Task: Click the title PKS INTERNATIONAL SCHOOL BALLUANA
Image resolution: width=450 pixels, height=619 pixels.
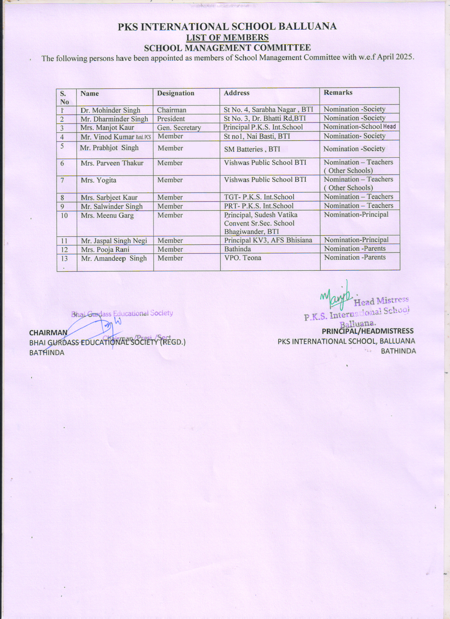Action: coord(227,27)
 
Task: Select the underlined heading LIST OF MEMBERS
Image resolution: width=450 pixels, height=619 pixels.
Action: coord(227,37)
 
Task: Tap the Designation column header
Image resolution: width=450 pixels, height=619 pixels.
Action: coord(176,93)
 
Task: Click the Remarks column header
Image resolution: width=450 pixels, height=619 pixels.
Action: coord(338,92)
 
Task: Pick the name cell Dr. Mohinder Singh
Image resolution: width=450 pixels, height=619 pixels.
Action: coord(110,110)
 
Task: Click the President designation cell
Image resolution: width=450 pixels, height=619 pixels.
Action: coord(171,119)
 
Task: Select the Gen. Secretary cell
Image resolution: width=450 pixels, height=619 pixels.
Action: coord(179,128)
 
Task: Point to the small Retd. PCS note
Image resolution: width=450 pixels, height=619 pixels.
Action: coord(143,137)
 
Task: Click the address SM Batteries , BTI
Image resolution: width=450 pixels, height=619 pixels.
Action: coord(252,149)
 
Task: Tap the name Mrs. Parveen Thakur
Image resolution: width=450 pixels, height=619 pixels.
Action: coord(112,163)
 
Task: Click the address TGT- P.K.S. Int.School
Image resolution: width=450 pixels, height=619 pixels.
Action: coord(259,197)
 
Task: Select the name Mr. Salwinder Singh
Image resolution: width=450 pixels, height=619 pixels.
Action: coord(112,206)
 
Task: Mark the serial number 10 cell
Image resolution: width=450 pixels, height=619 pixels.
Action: coord(64,215)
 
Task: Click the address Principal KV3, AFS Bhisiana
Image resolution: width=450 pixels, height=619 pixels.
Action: coord(268,240)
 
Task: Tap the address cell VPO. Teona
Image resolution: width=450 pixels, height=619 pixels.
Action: coord(243,258)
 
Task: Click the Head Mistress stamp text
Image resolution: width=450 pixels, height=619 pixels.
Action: coord(381,301)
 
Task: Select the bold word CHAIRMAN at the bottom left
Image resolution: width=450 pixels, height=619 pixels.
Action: coord(48,333)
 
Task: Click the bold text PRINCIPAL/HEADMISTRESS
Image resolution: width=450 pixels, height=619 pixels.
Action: coord(367,331)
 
